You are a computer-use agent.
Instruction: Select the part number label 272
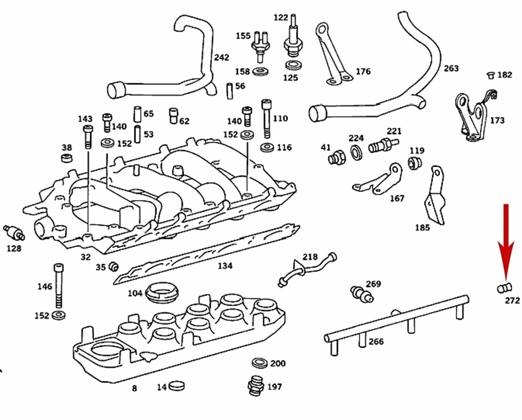pyautogui.click(x=512, y=300)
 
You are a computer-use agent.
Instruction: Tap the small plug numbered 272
pyautogui.click(x=504, y=288)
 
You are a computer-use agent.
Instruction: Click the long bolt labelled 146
pyautogui.click(x=58, y=286)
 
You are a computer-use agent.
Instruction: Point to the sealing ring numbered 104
pyautogui.click(x=162, y=292)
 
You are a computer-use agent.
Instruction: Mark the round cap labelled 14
pyautogui.click(x=177, y=386)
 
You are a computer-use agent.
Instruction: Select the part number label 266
pyautogui.click(x=376, y=342)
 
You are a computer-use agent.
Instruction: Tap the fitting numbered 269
pyautogui.click(x=361, y=293)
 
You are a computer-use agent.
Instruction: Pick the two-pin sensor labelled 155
pyautogui.click(x=260, y=46)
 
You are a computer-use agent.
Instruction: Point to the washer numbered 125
pyautogui.click(x=293, y=65)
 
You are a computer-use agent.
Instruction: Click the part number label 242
pyautogui.click(x=222, y=57)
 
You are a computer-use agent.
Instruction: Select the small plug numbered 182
pyautogui.click(x=490, y=75)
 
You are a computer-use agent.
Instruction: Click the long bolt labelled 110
pyautogui.click(x=266, y=119)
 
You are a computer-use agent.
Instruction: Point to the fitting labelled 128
pyautogui.click(x=14, y=232)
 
